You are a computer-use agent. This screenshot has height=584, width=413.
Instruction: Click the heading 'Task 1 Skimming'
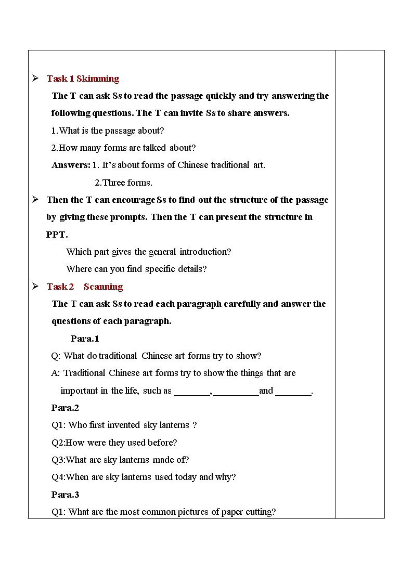click(x=83, y=79)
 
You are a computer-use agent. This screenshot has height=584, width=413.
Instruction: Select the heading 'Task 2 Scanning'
click(x=84, y=287)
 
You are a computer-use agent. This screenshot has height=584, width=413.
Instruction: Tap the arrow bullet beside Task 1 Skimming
click(x=35, y=78)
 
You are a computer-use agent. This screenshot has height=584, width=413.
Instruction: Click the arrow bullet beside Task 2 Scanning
click(x=35, y=286)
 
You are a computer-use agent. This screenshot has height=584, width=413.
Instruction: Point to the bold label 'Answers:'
click(x=71, y=165)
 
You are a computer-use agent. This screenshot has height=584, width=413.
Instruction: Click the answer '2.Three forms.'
click(x=123, y=183)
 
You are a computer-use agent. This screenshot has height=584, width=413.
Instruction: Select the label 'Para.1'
click(x=85, y=339)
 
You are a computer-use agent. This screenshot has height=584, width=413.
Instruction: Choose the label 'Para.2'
click(x=65, y=408)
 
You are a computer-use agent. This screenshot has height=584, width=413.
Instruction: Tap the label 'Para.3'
click(x=65, y=495)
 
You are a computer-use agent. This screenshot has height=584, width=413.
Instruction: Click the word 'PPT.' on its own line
click(x=57, y=235)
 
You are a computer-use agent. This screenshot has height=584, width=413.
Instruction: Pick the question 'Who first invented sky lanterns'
click(x=124, y=425)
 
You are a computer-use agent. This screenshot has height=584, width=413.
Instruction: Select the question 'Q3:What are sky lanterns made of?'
click(x=120, y=460)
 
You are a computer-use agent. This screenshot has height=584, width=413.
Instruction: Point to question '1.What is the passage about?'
click(x=107, y=131)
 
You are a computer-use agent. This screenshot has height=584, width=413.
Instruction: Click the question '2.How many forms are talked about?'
click(x=123, y=148)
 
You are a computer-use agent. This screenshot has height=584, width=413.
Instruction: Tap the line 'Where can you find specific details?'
click(x=136, y=269)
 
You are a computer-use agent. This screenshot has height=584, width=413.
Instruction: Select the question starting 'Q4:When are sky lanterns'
click(x=144, y=477)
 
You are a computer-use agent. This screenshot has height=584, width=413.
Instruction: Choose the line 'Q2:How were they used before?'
click(x=114, y=443)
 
